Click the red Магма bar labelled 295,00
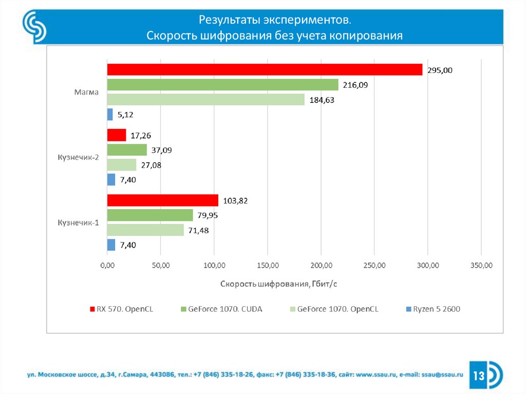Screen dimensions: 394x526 (x=265, y=69)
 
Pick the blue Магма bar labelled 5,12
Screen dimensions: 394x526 (x=110, y=115)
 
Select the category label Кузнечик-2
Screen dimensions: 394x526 (x=78, y=158)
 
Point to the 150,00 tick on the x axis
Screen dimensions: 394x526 (x=267, y=265)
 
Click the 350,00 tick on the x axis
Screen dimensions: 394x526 (x=481, y=265)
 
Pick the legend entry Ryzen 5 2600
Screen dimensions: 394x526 (x=436, y=309)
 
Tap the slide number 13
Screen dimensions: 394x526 (x=479, y=376)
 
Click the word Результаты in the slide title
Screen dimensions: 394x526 (x=229, y=21)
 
